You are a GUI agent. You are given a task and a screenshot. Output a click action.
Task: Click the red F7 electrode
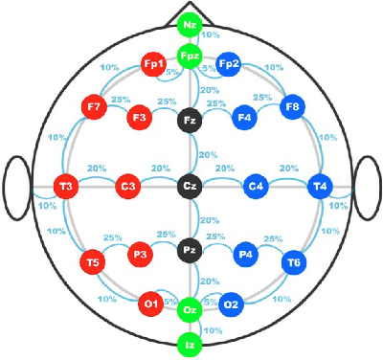94,107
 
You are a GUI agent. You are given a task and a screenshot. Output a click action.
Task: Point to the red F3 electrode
140,118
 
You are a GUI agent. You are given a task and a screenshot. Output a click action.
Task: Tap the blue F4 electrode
244,118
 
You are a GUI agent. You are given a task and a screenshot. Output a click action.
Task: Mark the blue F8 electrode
291,107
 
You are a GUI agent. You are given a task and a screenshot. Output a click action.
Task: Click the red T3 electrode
66,187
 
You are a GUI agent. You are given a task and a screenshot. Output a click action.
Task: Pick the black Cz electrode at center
190,187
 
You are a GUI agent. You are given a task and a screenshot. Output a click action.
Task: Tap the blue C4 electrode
256,187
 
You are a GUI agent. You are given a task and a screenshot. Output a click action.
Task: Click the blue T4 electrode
320,187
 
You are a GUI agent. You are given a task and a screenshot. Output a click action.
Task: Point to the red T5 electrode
93,261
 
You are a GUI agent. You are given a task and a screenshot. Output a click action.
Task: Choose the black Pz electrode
190,251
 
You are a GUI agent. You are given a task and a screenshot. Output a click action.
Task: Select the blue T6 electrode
292,261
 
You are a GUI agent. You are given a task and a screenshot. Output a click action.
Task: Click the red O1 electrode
150,304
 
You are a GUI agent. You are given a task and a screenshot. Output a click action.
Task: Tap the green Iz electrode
191,342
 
